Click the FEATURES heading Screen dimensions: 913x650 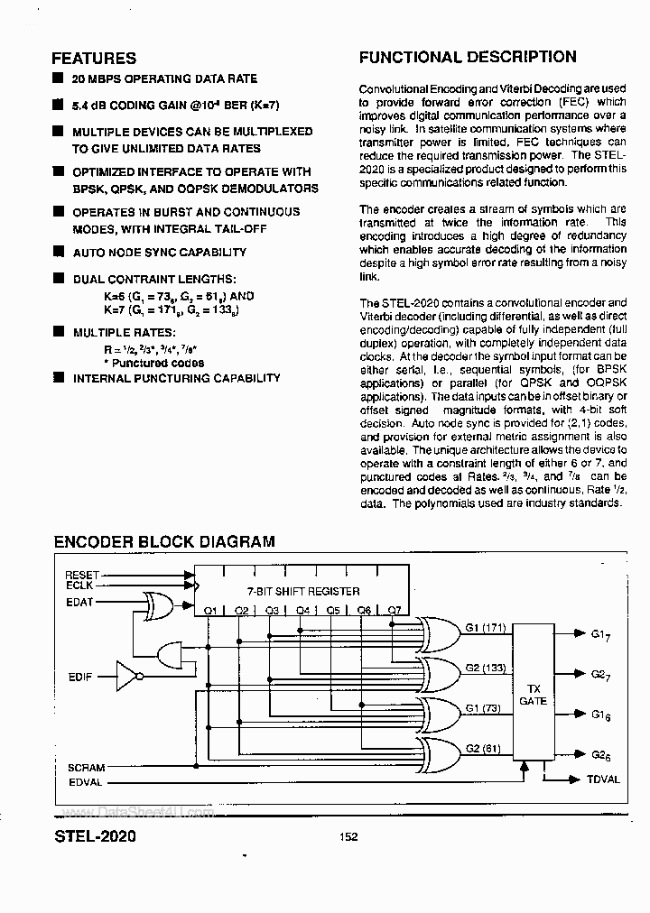[x=95, y=59]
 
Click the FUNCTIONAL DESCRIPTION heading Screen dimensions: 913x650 [x=468, y=57]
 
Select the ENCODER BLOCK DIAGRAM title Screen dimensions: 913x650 [x=164, y=542]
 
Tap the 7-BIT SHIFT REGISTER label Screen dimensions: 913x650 [x=303, y=591]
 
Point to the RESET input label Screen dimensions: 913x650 [x=82, y=575]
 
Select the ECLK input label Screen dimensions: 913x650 [x=80, y=586]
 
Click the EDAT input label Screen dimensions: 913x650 [x=80, y=602]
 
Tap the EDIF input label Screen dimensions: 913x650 [x=81, y=675]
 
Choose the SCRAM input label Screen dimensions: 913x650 [x=87, y=768]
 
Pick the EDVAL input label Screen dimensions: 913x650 [x=86, y=782]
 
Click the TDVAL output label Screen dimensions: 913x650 [x=603, y=779]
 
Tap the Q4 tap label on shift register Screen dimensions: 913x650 [x=302, y=611]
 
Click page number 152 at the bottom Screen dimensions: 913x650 [x=348, y=837]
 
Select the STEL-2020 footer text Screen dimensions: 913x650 [x=95, y=836]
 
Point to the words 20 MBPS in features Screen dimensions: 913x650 [x=100, y=79]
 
